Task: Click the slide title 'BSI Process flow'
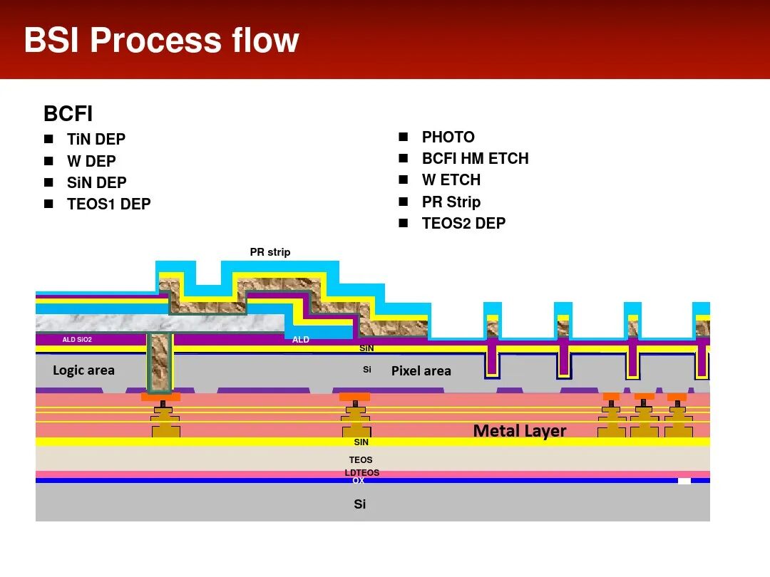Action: tap(161, 41)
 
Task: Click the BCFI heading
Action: tap(68, 114)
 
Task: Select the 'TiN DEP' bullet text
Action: tap(96, 140)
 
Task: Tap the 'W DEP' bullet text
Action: tap(91, 161)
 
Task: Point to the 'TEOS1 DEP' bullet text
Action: tap(109, 204)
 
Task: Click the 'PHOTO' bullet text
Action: tap(448, 137)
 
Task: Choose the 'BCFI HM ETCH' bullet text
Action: tap(475, 159)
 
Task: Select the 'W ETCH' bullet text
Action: tap(451, 180)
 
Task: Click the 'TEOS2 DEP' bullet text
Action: tap(463, 224)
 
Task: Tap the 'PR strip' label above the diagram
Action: tap(270, 252)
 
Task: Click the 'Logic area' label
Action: tap(83, 370)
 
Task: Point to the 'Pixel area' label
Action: tap(421, 371)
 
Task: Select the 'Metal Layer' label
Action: tap(520, 431)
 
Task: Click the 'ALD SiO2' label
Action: tap(77, 340)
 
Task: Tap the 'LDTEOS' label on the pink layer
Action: tap(362, 473)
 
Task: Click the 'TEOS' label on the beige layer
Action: tap(361, 460)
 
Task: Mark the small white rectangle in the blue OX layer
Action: tap(684, 481)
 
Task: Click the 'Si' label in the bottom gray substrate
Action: tap(360, 504)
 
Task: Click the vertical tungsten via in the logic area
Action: tap(160, 362)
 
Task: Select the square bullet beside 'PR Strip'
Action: tap(404, 202)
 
